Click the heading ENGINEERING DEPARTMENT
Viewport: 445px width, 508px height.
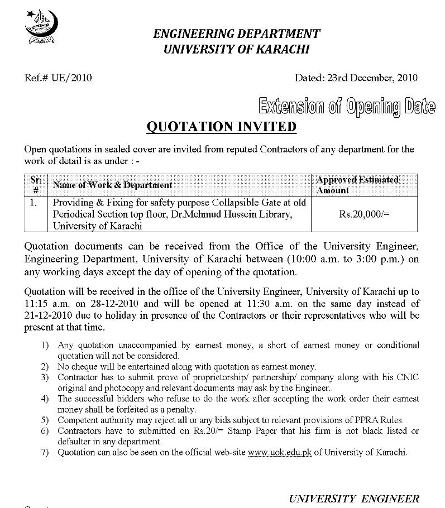[x=237, y=33]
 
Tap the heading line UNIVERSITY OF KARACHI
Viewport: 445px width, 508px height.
[x=237, y=49]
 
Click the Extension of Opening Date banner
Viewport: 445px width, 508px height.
[x=346, y=107]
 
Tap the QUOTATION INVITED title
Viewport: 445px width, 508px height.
[x=221, y=127]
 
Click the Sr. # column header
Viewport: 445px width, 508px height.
[x=36, y=185]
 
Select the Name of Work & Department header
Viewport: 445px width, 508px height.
[x=112, y=185]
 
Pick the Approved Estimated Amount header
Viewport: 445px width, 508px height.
[x=358, y=185]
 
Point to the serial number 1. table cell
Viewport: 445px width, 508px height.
[x=35, y=203]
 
